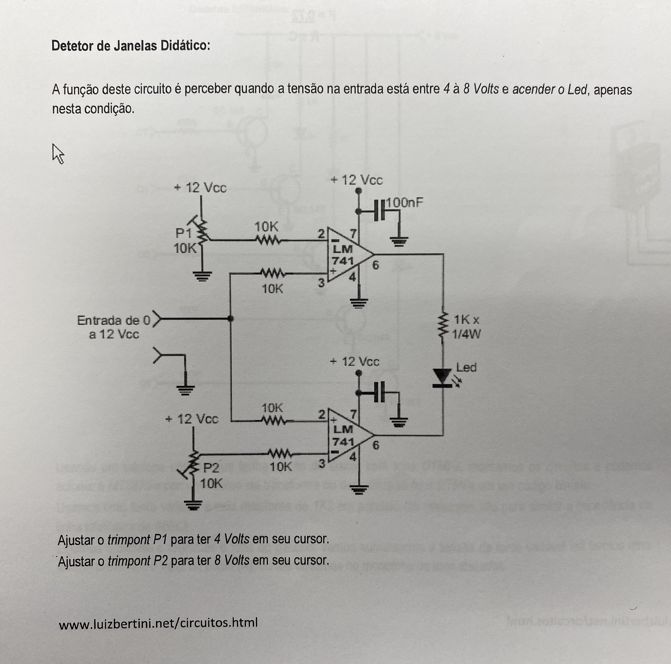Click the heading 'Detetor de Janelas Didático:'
coord(131,45)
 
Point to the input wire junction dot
coord(230,318)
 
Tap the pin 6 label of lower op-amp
coord(375,446)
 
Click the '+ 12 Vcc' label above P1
coord(201,188)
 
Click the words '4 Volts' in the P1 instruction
coord(232,539)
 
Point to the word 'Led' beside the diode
coord(466,367)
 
